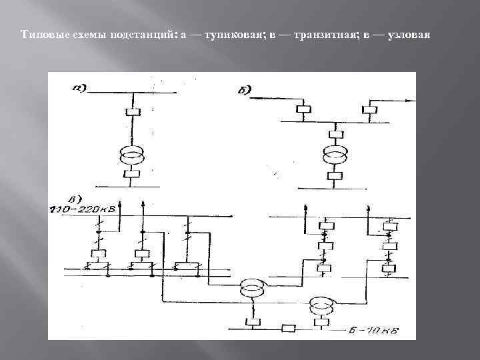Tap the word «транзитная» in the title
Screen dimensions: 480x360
click(x=313, y=34)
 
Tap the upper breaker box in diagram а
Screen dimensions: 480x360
click(x=132, y=113)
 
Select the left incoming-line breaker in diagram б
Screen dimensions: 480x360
click(x=304, y=109)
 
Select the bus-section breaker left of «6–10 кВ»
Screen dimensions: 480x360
click(x=289, y=328)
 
